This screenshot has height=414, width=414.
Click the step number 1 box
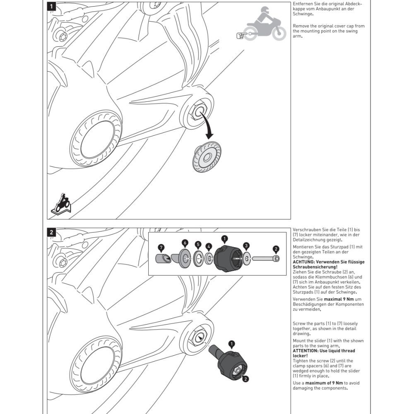[x=51, y=7]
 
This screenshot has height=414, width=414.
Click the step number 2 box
[x=51, y=232]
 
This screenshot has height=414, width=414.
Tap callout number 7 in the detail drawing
[x=161, y=248]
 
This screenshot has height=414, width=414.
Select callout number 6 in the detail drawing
[x=185, y=243]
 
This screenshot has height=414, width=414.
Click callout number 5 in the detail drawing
[x=198, y=244]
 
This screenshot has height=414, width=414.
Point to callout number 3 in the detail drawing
[x=247, y=246]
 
